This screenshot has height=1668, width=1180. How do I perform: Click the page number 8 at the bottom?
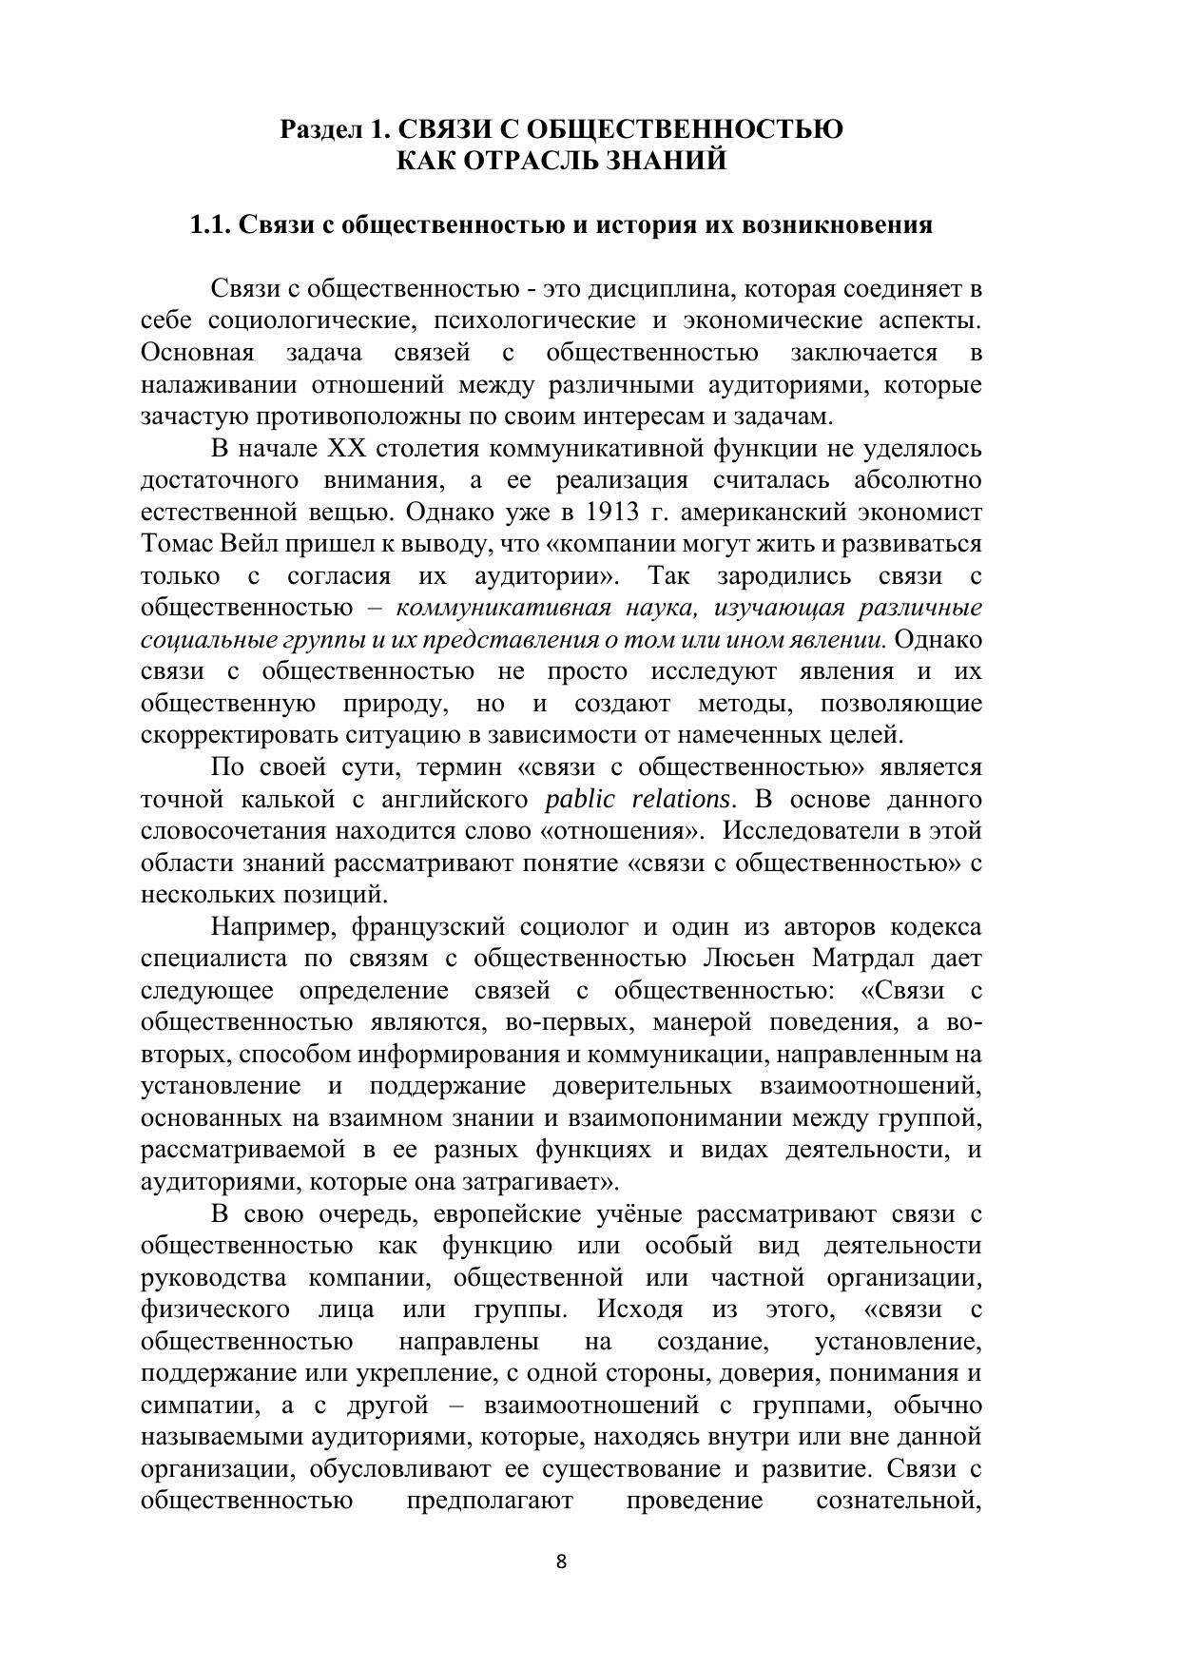561,1561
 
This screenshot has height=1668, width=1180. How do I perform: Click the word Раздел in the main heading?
319,128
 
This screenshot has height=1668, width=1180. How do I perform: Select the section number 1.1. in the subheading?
210,225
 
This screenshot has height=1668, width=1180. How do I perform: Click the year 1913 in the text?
611,513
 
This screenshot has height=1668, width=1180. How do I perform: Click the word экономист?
919,513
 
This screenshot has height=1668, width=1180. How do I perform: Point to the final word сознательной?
899,1501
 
